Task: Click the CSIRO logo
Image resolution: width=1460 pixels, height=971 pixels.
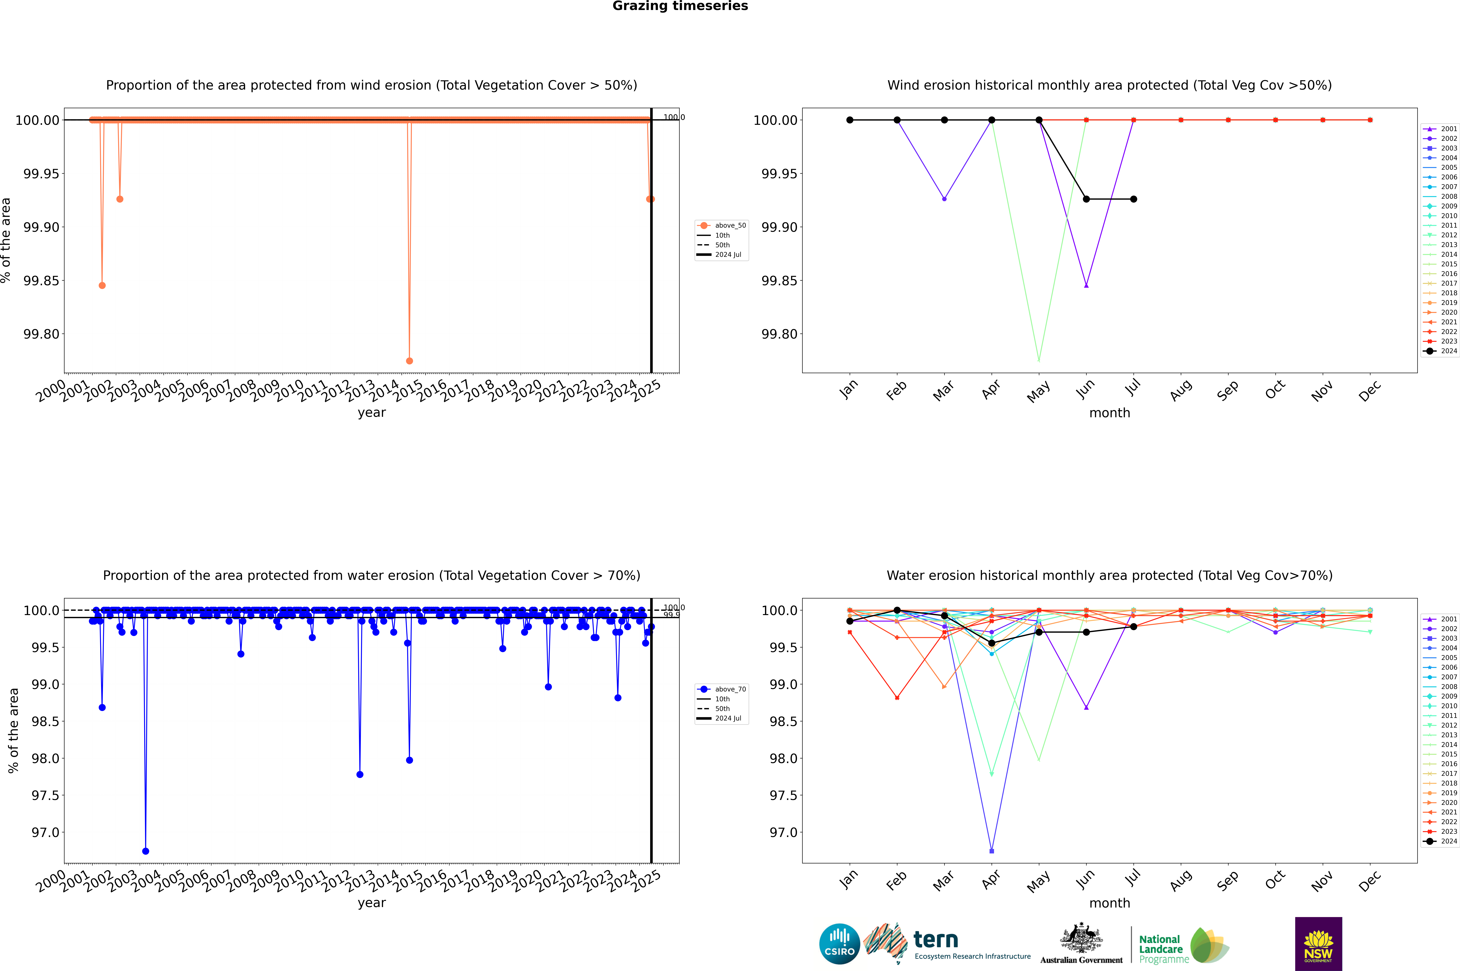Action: click(x=839, y=944)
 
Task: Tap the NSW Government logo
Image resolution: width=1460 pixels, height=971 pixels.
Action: click(x=1318, y=944)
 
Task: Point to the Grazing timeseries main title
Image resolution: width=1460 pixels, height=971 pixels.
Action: click(x=680, y=6)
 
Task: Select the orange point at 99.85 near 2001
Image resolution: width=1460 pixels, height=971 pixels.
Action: click(x=102, y=286)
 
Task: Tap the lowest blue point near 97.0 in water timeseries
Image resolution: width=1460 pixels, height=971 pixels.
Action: click(x=145, y=851)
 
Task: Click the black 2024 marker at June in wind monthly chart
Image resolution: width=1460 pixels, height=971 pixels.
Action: click(x=1086, y=199)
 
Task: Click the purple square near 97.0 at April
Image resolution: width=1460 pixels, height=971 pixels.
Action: click(x=992, y=851)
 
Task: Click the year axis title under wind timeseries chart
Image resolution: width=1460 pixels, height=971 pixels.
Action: click(x=371, y=412)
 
